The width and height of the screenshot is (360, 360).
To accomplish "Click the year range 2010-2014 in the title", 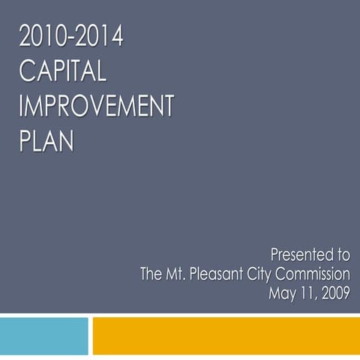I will point(71,37).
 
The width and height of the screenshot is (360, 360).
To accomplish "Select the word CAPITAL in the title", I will point(63,71).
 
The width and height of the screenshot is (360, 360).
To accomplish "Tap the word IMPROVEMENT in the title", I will point(96,106).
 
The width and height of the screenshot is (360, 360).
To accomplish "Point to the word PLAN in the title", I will point(46,140).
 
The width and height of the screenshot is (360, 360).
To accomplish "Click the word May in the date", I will point(282,292).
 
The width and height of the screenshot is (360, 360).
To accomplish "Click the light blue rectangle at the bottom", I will point(43,335).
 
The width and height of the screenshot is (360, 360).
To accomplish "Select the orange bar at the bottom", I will point(226,335).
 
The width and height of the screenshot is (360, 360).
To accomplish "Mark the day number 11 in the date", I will point(306,292).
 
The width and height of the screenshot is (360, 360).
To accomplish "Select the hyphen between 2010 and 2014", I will point(71,37).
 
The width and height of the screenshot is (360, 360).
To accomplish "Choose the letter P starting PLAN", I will point(25,140).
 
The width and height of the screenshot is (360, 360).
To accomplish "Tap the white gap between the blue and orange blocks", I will point(90,335).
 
